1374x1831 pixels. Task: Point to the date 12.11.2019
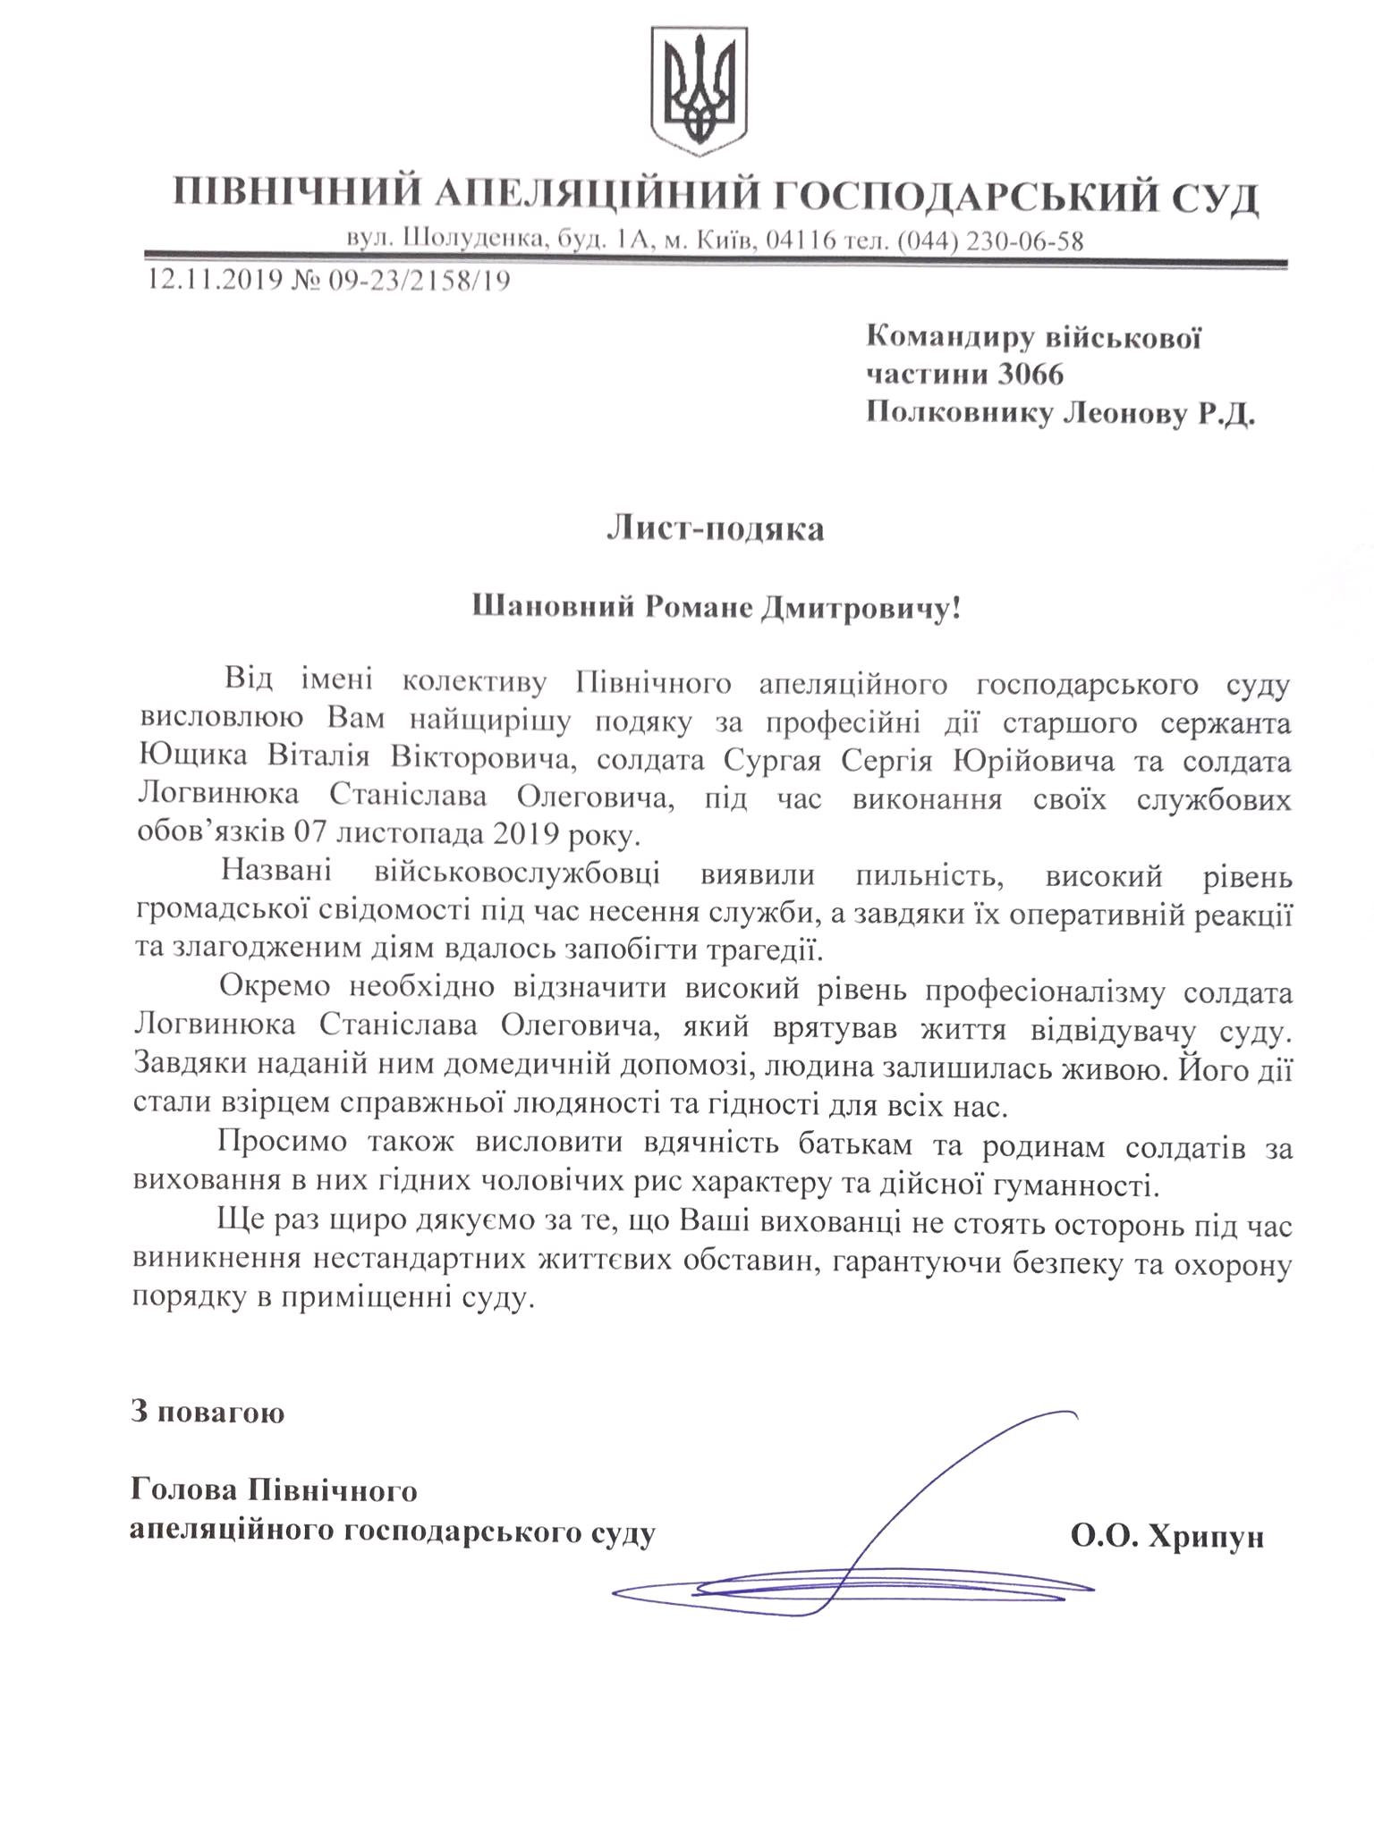(x=214, y=281)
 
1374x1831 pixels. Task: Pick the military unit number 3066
(x=1030, y=374)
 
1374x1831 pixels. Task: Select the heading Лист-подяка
(x=715, y=529)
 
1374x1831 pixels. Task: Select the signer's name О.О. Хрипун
(x=1166, y=1537)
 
